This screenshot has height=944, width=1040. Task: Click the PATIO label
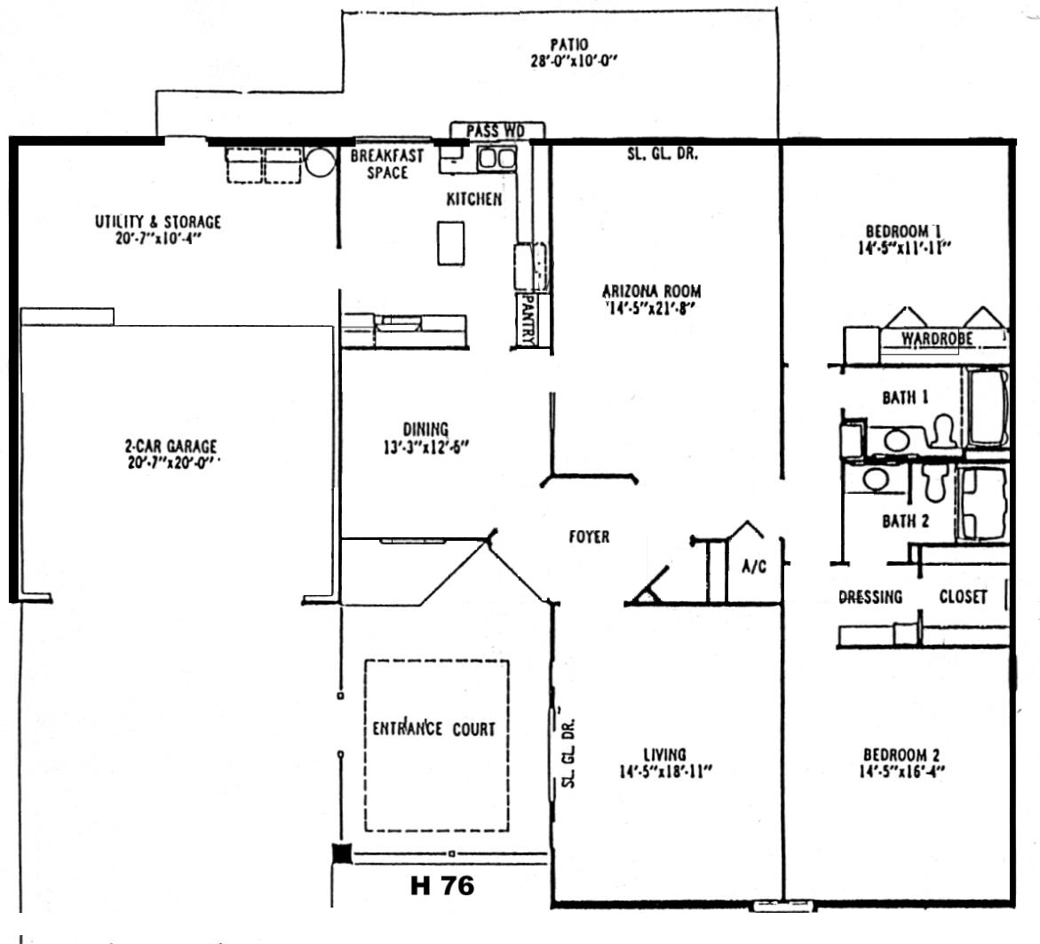(x=569, y=44)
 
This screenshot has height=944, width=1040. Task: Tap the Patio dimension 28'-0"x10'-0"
(x=575, y=61)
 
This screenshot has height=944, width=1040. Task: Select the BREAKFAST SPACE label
(x=386, y=164)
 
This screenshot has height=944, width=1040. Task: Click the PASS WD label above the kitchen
(x=496, y=131)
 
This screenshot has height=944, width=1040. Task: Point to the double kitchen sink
(x=497, y=158)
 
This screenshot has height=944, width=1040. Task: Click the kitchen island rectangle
(x=450, y=243)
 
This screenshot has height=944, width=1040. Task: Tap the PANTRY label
(x=528, y=320)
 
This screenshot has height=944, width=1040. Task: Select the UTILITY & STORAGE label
(x=158, y=222)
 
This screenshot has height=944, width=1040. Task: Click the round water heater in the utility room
(x=321, y=162)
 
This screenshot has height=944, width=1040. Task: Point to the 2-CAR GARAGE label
(x=171, y=446)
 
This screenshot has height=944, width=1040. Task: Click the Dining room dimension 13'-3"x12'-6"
(x=425, y=447)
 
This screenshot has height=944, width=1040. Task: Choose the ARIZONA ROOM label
(x=651, y=291)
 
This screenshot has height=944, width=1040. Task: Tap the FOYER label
(x=589, y=536)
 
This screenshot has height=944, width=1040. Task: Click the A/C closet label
(x=754, y=566)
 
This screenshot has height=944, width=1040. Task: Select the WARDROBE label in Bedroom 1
(x=936, y=339)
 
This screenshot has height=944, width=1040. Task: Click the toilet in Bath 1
(x=941, y=431)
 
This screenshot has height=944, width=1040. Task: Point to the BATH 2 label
(x=905, y=521)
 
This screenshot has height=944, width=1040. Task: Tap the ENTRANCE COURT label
(x=433, y=728)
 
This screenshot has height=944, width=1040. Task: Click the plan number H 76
(x=442, y=885)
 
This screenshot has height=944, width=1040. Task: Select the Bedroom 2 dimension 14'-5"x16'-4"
(x=902, y=772)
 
